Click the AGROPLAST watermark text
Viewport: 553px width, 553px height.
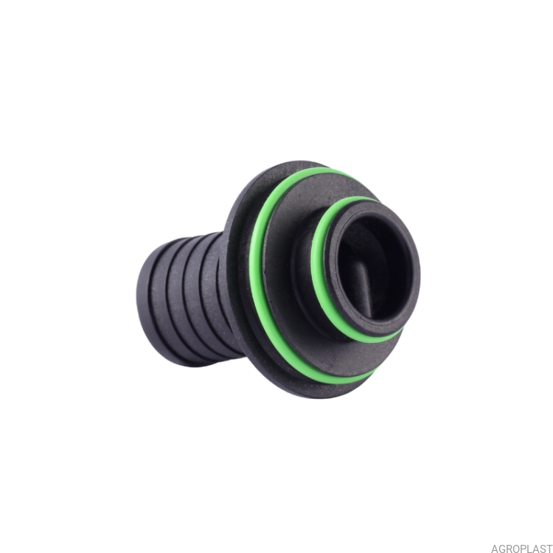tap(521, 549)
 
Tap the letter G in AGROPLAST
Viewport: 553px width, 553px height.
tap(502, 549)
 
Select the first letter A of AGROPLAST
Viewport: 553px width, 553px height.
tap(495, 549)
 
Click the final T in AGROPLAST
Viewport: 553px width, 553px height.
tap(549, 549)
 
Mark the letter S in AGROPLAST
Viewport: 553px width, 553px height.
tap(543, 549)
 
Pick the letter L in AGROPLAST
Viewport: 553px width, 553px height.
tap(530, 549)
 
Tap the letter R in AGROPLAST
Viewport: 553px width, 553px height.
tap(509, 549)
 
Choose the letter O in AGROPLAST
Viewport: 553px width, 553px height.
tap(517, 549)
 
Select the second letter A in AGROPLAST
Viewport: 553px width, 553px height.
tap(536, 549)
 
